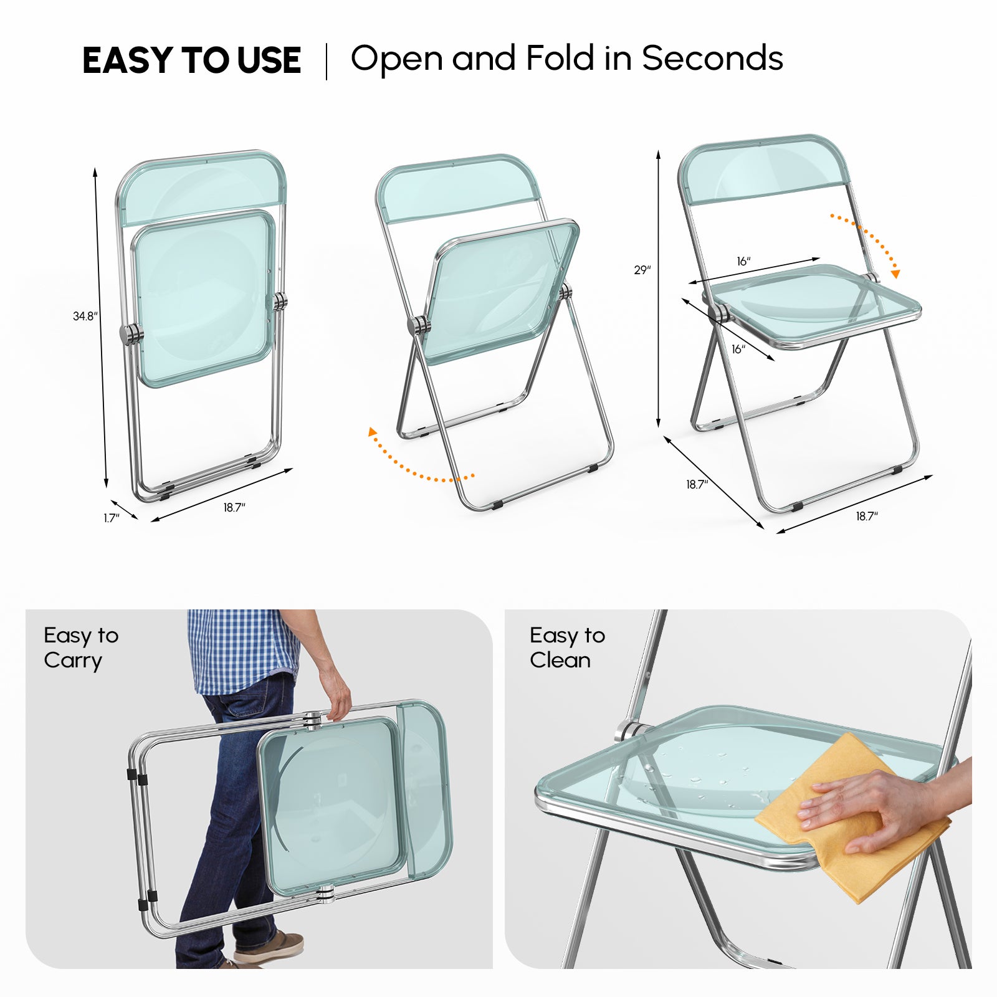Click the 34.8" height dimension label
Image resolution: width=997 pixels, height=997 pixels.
tap(85, 317)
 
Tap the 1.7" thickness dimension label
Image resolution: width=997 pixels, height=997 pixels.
tap(112, 518)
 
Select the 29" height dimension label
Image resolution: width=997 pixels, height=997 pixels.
tap(642, 270)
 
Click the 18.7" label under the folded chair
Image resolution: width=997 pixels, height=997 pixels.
tap(234, 508)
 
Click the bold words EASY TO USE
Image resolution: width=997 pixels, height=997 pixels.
tap(191, 60)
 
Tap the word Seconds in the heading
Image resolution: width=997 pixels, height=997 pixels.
tap(712, 59)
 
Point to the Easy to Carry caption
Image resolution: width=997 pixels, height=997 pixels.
tap(81, 648)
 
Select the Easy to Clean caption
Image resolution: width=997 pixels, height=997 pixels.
tap(567, 648)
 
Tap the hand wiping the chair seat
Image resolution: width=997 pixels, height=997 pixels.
tap(872, 810)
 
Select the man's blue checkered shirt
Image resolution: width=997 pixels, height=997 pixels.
tap(243, 648)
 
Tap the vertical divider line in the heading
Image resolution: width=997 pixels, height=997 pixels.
tap(327, 61)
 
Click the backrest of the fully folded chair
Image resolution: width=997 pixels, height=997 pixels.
tap(203, 187)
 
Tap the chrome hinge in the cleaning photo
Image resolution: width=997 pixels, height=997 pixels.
tap(631, 730)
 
